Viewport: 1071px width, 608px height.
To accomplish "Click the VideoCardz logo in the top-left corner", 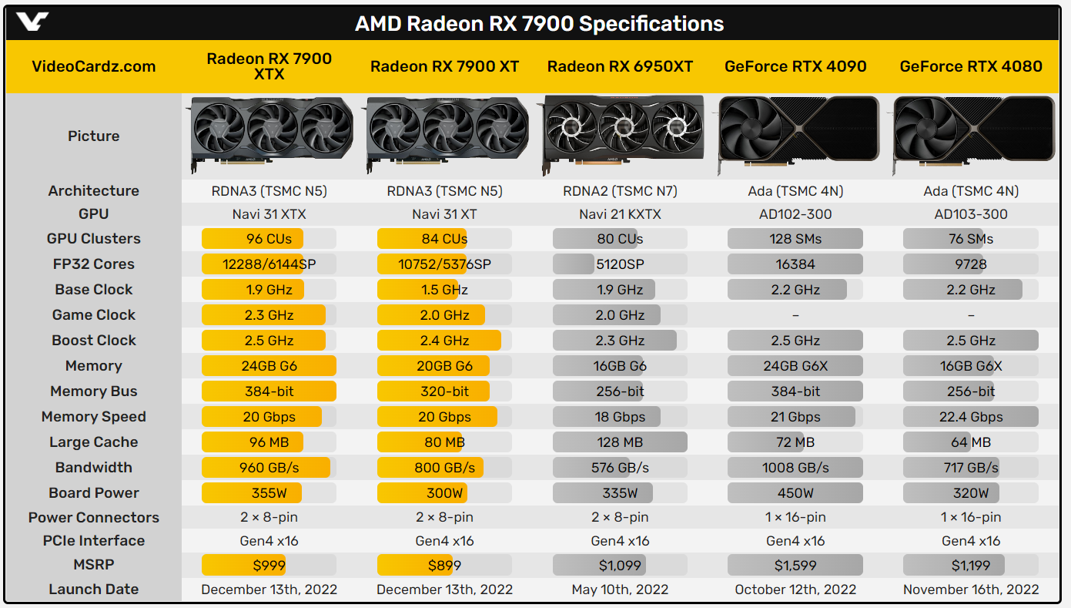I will pyautogui.click(x=32, y=22).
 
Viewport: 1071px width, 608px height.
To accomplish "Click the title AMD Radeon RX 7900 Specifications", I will pyautogui.click(x=539, y=24).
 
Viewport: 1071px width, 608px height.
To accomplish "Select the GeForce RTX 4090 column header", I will pyautogui.click(x=795, y=66).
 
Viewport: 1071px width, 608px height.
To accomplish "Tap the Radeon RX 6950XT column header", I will pyautogui.click(x=620, y=66).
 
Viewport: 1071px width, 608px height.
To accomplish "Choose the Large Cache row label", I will pyautogui.click(x=94, y=442).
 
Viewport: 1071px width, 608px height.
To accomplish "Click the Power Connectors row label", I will pyautogui.click(x=94, y=518).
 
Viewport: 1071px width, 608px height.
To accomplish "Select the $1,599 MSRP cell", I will pyautogui.click(x=795, y=566).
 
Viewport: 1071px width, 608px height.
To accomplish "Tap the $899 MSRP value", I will pyautogui.click(x=444, y=566).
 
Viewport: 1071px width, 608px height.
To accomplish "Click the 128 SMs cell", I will pyautogui.click(x=795, y=239).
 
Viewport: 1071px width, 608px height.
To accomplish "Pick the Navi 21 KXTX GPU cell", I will pyautogui.click(x=620, y=214).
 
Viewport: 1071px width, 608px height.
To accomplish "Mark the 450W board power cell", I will pyautogui.click(x=795, y=493).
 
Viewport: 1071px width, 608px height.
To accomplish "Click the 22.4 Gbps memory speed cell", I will pyautogui.click(x=971, y=417).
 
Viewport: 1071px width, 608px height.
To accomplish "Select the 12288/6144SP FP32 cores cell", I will pyautogui.click(x=269, y=264).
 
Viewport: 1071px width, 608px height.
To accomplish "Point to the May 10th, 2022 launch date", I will pyautogui.click(x=620, y=590).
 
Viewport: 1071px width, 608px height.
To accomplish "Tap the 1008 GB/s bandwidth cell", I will pyautogui.click(x=795, y=468).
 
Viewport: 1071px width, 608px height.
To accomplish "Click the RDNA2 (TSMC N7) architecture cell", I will pyautogui.click(x=620, y=191).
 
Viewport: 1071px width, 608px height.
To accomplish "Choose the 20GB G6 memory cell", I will pyautogui.click(x=444, y=366).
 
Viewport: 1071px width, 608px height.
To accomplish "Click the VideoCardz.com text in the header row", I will pyautogui.click(x=94, y=66).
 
